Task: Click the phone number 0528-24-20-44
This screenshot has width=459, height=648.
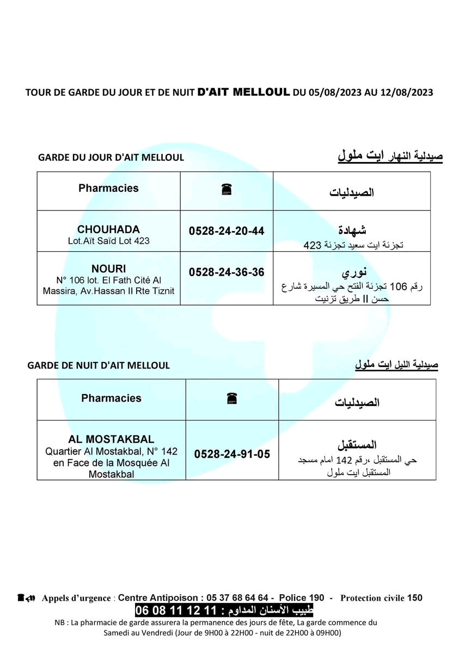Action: pos(227,231)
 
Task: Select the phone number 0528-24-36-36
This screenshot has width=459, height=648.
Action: pos(227,272)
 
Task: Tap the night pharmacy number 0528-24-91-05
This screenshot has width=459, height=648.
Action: pos(232,454)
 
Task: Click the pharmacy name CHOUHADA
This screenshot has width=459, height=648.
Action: pos(108,229)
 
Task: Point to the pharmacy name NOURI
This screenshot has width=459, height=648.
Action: pos(109,269)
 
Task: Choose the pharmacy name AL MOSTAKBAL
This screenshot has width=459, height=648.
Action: pos(111,439)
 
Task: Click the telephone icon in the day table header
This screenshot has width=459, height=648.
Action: pos(227,189)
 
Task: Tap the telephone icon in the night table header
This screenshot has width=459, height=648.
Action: pos(232,399)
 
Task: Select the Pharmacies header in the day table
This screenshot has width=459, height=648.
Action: pos(108,189)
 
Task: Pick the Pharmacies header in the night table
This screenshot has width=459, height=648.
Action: pos(111,398)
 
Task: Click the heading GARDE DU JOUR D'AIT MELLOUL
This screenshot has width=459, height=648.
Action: pos(111,158)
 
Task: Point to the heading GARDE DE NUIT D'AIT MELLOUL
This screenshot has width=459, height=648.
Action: pos(99,365)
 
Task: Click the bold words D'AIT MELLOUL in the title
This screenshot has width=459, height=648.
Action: pos(243,92)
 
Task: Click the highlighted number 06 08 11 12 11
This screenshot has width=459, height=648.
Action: pos(177,609)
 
